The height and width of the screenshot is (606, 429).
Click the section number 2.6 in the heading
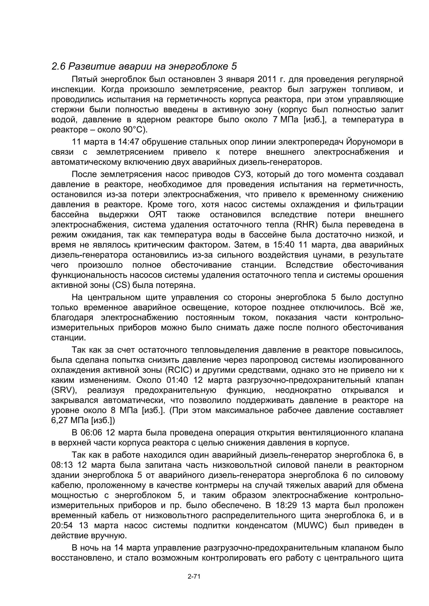[x=58, y=66]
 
